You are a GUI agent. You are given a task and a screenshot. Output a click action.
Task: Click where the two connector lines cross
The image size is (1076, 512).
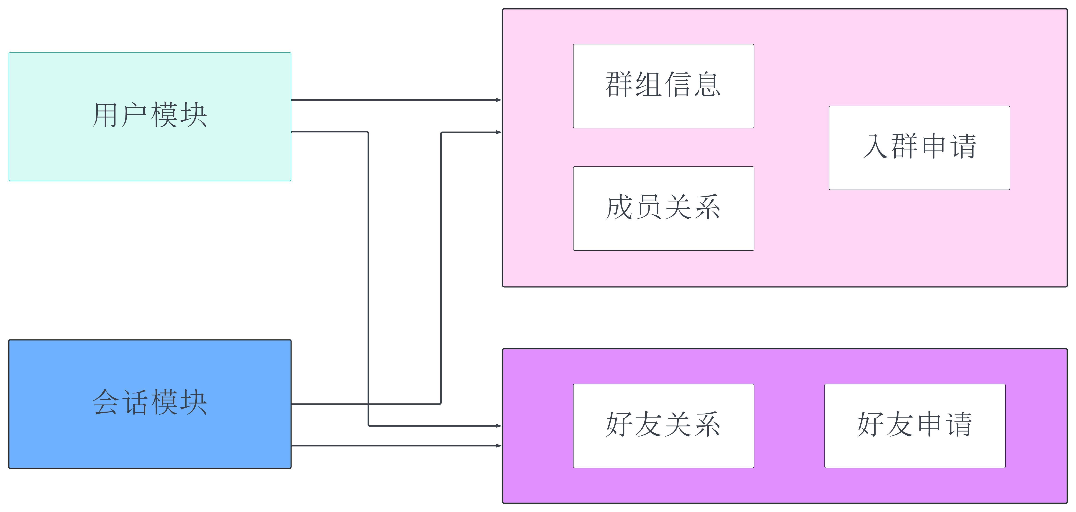coord(368,404)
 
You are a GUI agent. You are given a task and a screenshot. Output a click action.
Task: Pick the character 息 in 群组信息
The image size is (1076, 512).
coord(707,85)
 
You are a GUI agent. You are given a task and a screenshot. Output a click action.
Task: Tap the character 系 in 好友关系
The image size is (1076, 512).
coord(707,424)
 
